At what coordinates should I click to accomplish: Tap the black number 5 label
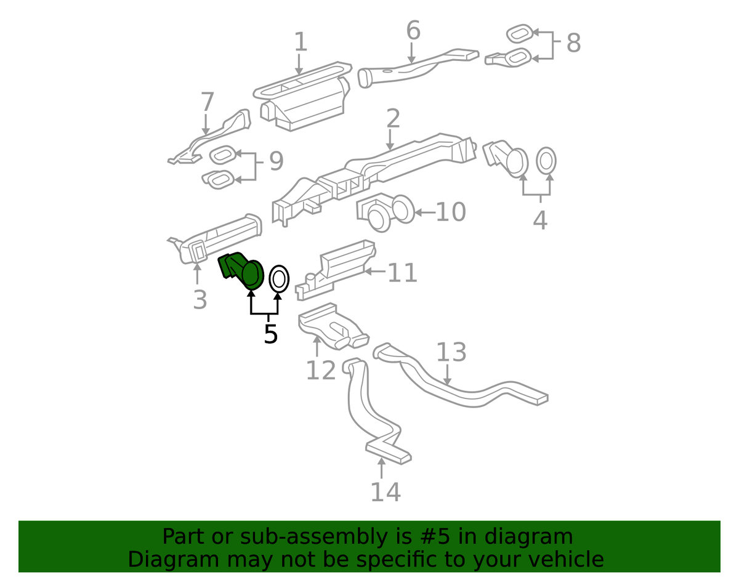point(271,334)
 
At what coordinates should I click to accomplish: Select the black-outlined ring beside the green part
point(279,279)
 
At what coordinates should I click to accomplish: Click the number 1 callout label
point(301,42)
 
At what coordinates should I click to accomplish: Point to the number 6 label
point(414,30)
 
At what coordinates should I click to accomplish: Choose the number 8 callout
point(573,43)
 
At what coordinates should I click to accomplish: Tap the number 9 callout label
point(277,161)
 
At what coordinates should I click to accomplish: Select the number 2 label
point(393,118)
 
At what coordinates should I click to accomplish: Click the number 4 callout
point(540,220)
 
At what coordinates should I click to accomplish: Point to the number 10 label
point(451,212)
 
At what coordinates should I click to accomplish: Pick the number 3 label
point(200,299)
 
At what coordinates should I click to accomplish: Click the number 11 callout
point(402,272)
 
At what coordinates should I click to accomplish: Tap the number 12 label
point(321,370)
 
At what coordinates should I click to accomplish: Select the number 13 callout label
point(451,352)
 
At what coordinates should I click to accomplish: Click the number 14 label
point(386,491)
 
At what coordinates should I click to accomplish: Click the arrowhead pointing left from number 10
point(419,212)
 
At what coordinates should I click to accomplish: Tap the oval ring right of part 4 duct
point(546,161)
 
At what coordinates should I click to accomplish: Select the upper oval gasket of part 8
point(519,34)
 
